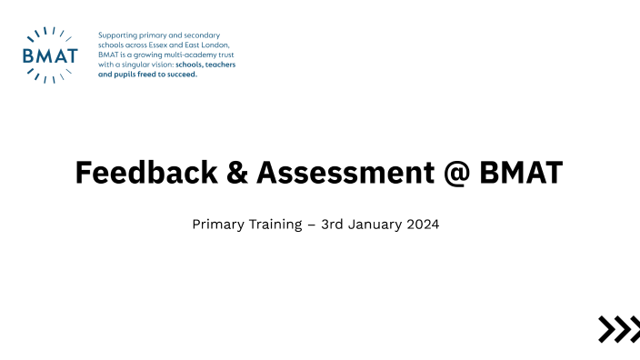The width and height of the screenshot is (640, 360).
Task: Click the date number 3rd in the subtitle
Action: click(334, 224)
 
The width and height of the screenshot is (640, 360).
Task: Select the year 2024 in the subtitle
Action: click(423, 224)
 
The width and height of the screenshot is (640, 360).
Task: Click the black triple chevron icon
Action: click(618, 329)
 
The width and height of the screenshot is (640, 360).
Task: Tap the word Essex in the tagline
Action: click(172, 45)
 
